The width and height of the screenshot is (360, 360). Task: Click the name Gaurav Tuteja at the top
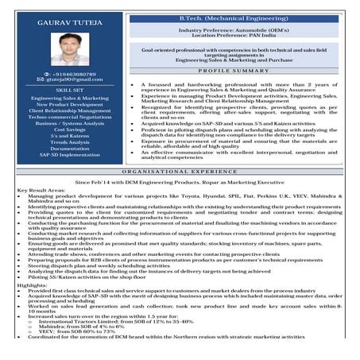pyautogui.click(x=68, y=21)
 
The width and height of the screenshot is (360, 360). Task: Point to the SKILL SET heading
pyautogui.click(x=69, y=91)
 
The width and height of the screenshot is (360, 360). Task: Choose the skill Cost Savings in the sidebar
pyautogui.click(x=69, y=130)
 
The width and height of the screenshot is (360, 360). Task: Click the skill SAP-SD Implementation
pyautogui.click(x=69, y=155)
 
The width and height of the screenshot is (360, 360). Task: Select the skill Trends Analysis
pyautogui.click(x=69, y=142)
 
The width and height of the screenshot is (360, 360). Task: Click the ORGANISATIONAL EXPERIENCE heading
pyautogui.click(x=180, y=171)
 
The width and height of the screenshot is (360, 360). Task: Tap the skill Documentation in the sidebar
pyautogui.click(x=69, y=149)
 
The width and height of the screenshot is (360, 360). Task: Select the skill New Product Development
pyautogui.click(x=69, y=104)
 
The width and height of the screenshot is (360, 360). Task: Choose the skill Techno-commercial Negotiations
pyautogui.click(x=69, y=117)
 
